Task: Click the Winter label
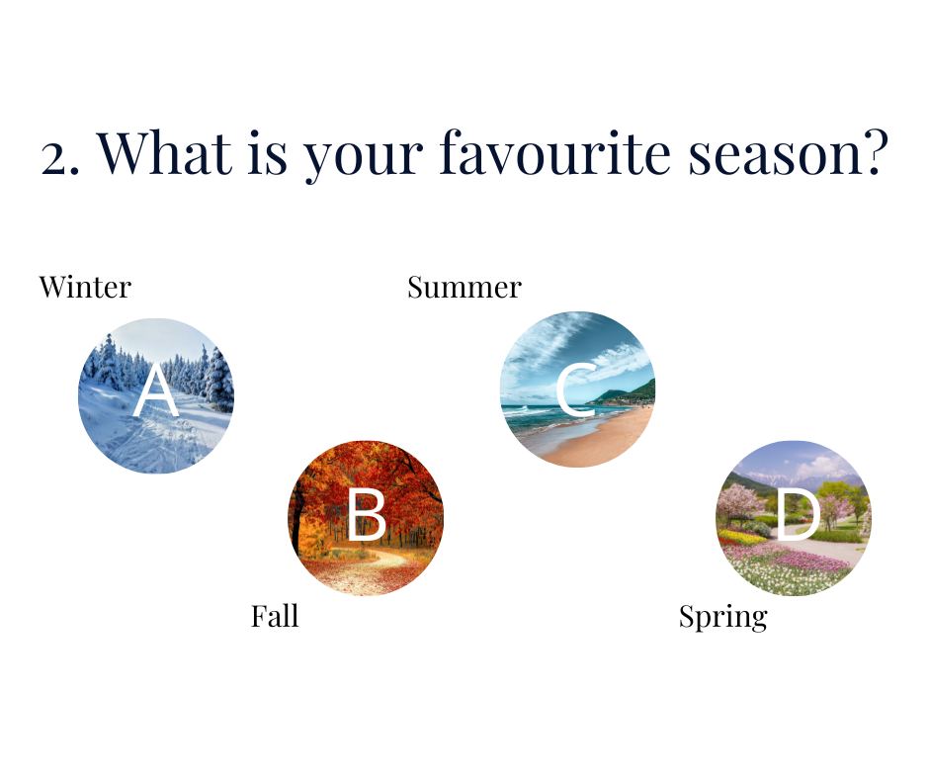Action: point(85,288)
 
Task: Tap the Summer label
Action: point(464,288)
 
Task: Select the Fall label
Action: point(275,616)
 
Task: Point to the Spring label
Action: point(723,618)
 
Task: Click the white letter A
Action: point(156,389)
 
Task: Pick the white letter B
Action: point(366,515)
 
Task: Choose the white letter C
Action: point(575,389)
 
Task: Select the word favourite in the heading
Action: point(554,152)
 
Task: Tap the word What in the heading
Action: point(164,152)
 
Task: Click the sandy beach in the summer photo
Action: point(598,439)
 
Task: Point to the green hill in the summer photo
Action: point(628,393)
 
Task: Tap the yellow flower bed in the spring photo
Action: point(740,537)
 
